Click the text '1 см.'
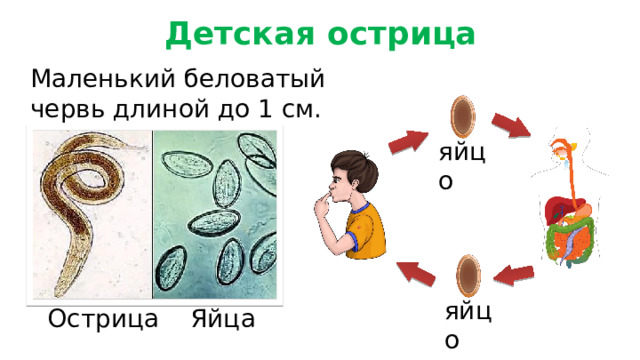pyautogui.click(x=290, y=108)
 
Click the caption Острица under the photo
pyautogui.click(x=103, y=320)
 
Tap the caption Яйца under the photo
pyautogui.click(x=223, y=320)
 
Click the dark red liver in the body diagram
pyautogui.click(x=554, y=209)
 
